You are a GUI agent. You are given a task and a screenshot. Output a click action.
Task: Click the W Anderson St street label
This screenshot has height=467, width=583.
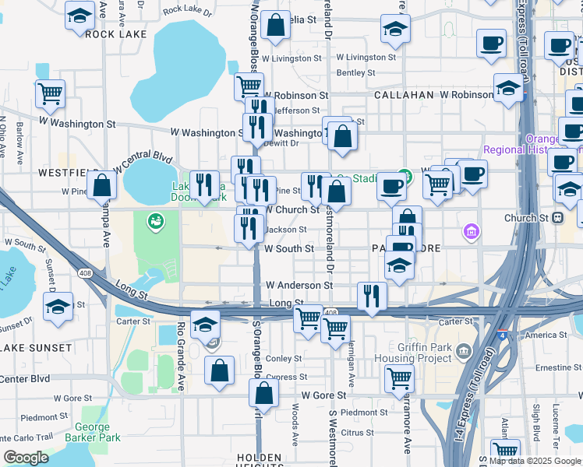(x=299, y=286)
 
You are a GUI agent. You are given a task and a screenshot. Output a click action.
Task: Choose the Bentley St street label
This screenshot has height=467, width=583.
(x=355, y=72)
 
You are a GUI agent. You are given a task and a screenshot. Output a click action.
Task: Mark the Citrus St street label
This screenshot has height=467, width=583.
(x=358, y=432)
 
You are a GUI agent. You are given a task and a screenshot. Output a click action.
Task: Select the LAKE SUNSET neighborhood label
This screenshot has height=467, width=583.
(x=29, y=348)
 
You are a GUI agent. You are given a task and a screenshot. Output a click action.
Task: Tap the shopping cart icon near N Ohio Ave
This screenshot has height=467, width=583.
(x=50, y=93)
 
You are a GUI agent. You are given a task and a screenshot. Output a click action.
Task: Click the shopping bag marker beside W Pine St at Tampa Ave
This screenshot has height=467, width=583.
(x=101, y=185)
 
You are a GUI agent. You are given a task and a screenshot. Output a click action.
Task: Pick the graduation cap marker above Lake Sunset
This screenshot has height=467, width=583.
(x=58, y=307)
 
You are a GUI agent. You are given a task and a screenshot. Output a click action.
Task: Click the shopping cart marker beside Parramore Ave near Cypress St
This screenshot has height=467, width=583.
(x=399, y=379)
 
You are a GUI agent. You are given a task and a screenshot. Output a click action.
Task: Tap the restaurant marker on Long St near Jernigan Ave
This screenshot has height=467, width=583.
(x=372, y=296)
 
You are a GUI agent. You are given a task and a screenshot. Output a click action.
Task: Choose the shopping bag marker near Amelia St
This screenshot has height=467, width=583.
(x=275, y=25)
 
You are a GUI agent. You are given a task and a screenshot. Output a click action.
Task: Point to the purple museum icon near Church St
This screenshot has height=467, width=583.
(x=470, y=231)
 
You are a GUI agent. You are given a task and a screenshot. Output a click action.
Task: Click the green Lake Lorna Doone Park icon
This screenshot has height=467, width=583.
(x=156, y=222)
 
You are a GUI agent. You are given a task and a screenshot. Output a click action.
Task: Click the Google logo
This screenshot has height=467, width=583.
(x=26, y=458)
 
